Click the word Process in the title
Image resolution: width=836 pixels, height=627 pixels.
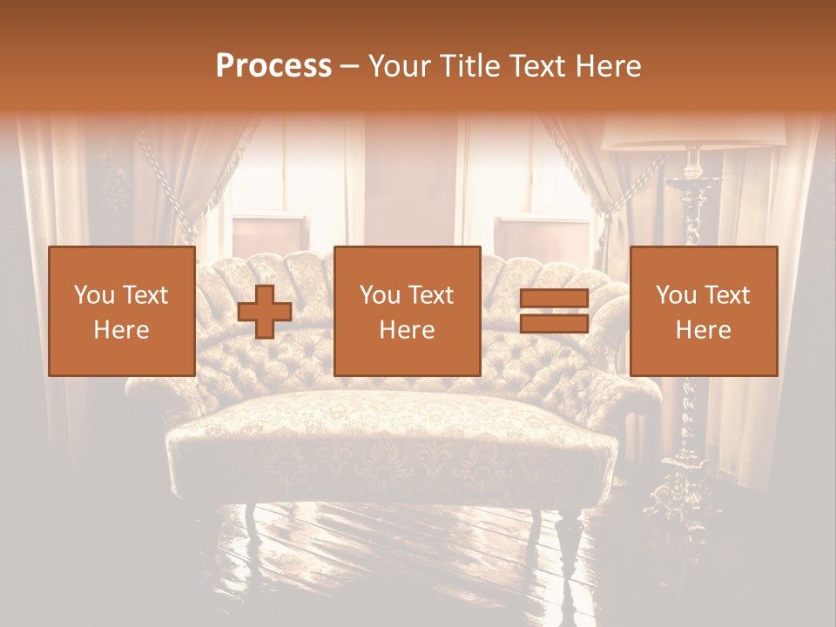(x=273, y=65)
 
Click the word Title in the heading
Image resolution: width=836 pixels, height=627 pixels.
(x=462, y=65)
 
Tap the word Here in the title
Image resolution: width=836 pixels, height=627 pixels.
(x=606, y=65)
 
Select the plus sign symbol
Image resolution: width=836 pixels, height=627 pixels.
(x=265, y=312)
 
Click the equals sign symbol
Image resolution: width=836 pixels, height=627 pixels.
(x=554, y=312)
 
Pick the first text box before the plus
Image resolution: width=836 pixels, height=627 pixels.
(x=121, y=312)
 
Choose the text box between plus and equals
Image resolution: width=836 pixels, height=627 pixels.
(x=407, y=312)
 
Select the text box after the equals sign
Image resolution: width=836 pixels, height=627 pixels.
(x=703, y=312)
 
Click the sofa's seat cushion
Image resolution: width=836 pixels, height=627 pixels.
(x=392, y=427)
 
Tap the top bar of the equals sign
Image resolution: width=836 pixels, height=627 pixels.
(x=554, y=300)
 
